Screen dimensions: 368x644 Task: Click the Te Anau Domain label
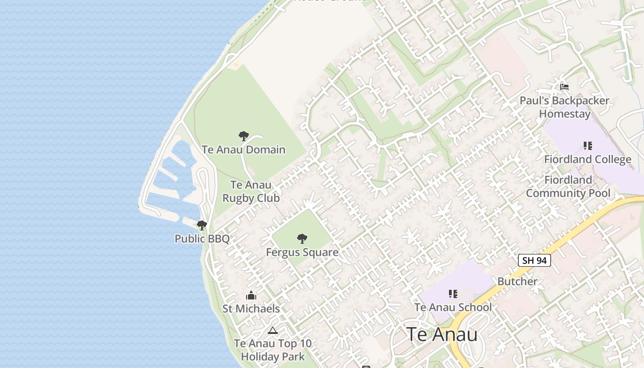(x=243, y=149)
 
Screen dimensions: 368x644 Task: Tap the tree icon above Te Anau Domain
(x=244, y=136)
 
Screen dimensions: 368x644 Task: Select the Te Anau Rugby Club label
(x=251, y=191)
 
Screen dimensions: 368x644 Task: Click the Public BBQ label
(x=202, y=238)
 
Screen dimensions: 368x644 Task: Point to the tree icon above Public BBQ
(x=201, y=225)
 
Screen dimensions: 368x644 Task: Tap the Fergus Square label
(x=302, y=252)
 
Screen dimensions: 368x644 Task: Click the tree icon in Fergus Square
(x=302, y=239)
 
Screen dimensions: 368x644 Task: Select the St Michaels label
(x=251, y=309)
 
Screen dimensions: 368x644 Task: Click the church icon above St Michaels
(x=251, y=295)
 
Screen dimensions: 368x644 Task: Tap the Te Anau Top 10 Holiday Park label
(x=273, y=350)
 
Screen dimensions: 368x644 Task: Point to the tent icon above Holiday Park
(x=273, y=330)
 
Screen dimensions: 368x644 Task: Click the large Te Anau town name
(x=442, y=334)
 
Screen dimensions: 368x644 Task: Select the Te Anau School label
(x=453, y=307)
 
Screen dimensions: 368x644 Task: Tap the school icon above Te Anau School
(x=453, y=293)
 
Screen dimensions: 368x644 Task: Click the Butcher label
(x=517, y=281)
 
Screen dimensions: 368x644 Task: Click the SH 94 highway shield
(x=535, y=260)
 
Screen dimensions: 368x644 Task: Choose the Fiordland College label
(x=587, y=159)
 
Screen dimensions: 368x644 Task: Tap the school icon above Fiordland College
(x=587, y=146)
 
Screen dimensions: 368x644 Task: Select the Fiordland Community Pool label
(x=568, y=186)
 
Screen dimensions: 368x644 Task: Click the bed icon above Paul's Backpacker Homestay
(x=564, y=87)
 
